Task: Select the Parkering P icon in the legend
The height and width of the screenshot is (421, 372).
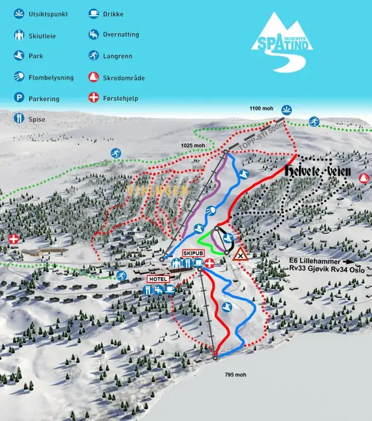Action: pyautogui.click(x=19, y=98)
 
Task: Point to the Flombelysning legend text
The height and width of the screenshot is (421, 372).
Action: pyautogui.click(x=54, y=77)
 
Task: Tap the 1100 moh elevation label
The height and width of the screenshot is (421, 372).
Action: pyautogui.click(x=261, y=109)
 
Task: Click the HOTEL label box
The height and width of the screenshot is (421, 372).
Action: pyautogui.click(x=158, y=279)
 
